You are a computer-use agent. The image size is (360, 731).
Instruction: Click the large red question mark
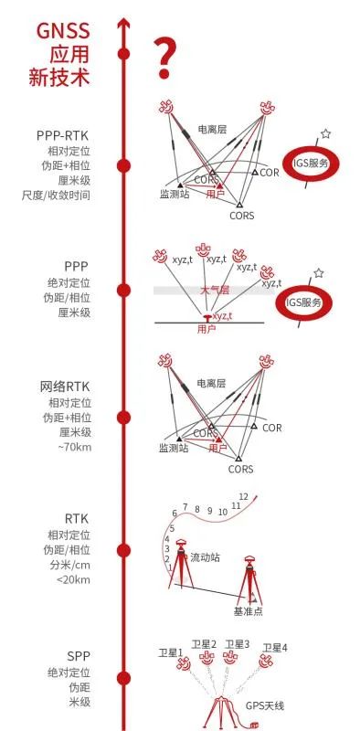[x=164, y=58]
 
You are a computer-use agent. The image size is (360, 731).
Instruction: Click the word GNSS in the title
[x=63, y=32]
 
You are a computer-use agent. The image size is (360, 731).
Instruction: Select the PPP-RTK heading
[x=62, y=135]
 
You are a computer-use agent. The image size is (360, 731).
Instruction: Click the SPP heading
[x=78, y=656]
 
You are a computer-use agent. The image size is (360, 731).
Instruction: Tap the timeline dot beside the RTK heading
[x=122, y=550]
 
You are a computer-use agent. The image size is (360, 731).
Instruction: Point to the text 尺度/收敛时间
[x=57, y=195]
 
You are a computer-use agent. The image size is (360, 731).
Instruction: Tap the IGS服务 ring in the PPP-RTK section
[x=312, y=164]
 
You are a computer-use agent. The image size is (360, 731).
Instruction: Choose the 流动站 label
[x=206, y=556]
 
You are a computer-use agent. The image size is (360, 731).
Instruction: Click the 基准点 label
[x=248, y=610]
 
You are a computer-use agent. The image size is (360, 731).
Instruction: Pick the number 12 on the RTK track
[x=244, y=497]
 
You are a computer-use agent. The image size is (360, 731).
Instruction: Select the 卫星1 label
[x=171, y=652]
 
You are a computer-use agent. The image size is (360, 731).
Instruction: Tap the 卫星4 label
[x=275, y=648]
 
